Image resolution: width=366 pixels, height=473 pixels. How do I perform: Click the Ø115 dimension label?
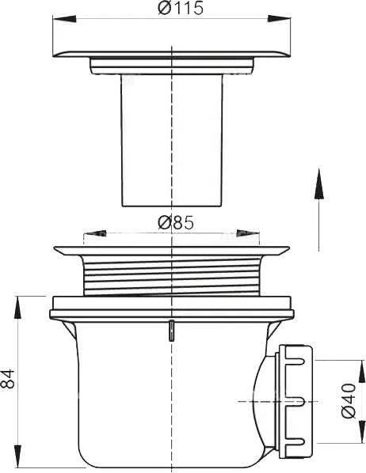click(181, 8)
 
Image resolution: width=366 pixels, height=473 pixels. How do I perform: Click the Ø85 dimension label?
click(175, 223)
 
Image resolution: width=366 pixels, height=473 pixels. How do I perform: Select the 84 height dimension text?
click(8, 379)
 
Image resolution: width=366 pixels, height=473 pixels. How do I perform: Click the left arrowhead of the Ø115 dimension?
click(64, 19)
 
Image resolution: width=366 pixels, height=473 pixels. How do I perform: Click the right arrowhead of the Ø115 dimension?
click(279, 18)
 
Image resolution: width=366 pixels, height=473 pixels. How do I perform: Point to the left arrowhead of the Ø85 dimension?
click(94, 233)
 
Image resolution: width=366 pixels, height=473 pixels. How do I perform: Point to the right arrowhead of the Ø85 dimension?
click(248, 233)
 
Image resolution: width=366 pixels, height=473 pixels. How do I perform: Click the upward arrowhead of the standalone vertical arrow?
click(318, 184)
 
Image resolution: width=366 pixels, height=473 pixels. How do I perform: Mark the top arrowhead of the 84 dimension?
click(18, 308)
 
